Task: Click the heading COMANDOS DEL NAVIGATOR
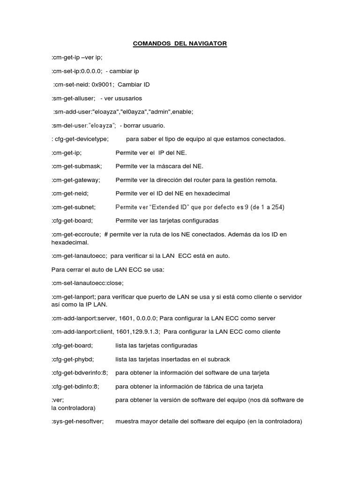180,44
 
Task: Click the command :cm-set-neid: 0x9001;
83,84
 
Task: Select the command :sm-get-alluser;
74,98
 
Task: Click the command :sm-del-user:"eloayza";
84,125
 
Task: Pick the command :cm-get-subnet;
74,207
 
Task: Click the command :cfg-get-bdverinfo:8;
80,373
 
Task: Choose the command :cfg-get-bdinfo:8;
76,387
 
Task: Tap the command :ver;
57,400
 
